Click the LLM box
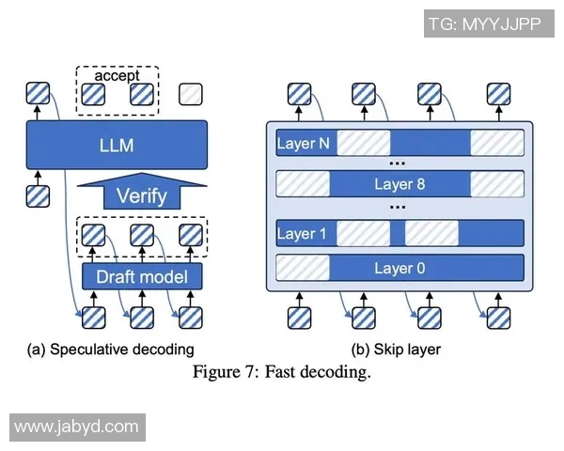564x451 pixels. point(117,145)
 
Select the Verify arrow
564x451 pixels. point(141,194)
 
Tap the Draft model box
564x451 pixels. point(141,276)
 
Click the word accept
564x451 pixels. point(117,75)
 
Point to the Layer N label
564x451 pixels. point(304,144)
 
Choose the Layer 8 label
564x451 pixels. point(399,183)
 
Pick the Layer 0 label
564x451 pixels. point(399,268)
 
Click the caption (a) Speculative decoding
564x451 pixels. point(110,350)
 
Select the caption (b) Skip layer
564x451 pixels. point(396,350)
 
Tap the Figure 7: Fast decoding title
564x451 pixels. point(282,372)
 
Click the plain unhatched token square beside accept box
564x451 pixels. point(191,94)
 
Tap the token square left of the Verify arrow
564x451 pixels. point(38,196)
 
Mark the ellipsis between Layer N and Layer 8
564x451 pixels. point(398,163)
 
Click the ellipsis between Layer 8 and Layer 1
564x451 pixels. point(398,208)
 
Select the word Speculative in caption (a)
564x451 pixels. point(93,350)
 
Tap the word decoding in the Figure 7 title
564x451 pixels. point(337,372)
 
